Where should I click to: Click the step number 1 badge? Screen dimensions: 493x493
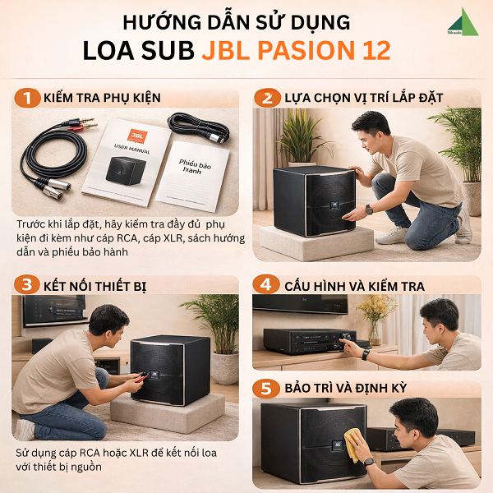[x=26, y=99]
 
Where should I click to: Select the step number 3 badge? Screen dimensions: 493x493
[x=26, y=285]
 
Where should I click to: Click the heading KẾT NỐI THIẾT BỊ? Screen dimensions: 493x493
[x=104, y=285]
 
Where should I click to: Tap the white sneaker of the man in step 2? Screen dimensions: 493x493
[x=394, y=236]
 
